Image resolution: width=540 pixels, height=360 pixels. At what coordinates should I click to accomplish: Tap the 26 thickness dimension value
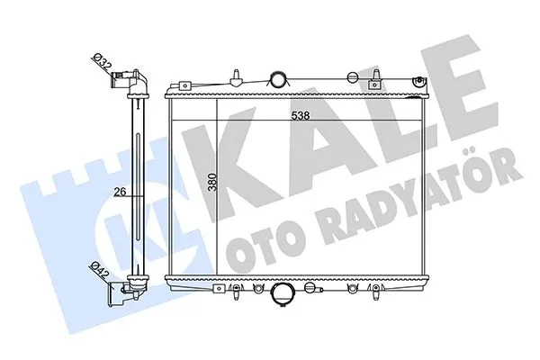click(x=118, y=190)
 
